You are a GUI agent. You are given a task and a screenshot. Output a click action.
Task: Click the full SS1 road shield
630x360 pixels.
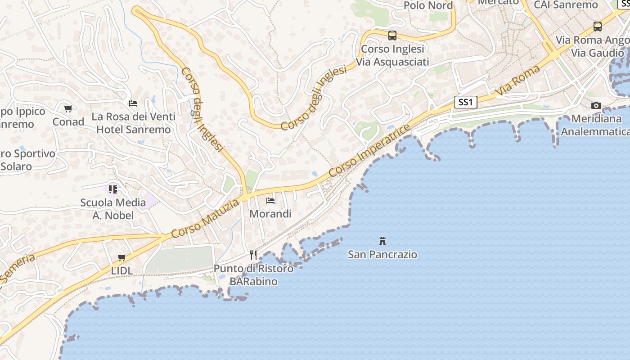point(465,103)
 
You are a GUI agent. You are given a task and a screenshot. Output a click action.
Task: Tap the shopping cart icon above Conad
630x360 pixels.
point(68,108)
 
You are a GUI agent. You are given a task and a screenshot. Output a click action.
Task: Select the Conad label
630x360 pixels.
point(68,121)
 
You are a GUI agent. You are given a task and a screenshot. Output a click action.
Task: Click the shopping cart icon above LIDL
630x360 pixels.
point(121,257)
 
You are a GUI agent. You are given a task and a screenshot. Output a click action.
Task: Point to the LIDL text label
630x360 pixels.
point(122,270)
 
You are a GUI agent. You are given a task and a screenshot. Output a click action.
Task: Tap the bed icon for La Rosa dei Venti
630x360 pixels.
point(133,103)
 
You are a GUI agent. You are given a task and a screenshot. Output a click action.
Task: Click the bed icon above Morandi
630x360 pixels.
point(270,200)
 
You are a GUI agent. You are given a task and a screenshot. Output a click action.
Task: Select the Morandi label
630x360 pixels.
point(270,214)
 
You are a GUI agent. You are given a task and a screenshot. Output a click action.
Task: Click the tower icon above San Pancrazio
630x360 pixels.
point(382,241)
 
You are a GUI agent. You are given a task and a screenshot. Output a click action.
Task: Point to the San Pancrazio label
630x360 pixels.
point(382,254)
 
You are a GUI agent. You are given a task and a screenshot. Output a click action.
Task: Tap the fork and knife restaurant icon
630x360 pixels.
point(253,255)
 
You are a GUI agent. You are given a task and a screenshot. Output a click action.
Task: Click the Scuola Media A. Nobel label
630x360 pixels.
point(113,209)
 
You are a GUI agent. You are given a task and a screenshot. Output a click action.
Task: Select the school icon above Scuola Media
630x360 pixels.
point(113,189)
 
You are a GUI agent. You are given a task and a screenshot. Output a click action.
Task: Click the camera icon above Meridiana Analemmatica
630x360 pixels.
point(596,105)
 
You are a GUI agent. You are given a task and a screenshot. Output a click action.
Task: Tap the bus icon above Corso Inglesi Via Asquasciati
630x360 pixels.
point(392,35)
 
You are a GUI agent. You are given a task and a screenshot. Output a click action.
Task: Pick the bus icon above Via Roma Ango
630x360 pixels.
point(598,26)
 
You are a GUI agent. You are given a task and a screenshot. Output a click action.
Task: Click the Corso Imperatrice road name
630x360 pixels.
point(369,150)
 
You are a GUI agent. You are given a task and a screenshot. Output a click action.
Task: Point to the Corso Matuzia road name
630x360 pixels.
point(205,219)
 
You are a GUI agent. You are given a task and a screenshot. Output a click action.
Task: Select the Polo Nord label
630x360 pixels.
point(428,5)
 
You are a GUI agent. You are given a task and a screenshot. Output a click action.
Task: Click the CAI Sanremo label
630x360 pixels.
point(566,5)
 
